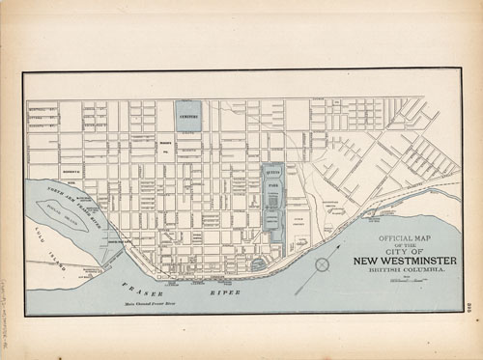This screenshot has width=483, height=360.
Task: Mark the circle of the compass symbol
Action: [323, 263]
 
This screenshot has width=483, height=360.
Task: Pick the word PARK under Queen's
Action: [273, 187]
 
